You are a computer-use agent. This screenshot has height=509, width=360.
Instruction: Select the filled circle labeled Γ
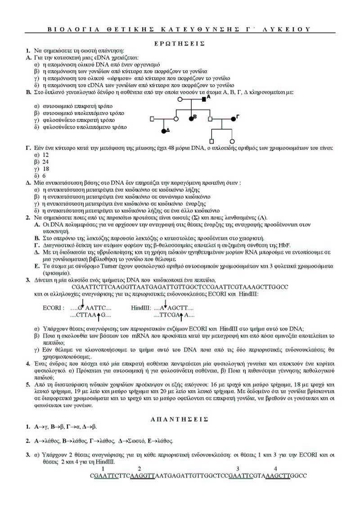click(x=233, y=119)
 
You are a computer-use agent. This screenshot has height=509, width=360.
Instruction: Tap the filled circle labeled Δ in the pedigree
click(x=164, y=131)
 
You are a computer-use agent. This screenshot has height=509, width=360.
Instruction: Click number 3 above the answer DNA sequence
click(x=238, y=468)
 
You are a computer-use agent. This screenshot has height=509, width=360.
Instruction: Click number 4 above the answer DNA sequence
click(x=275, y=468)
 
